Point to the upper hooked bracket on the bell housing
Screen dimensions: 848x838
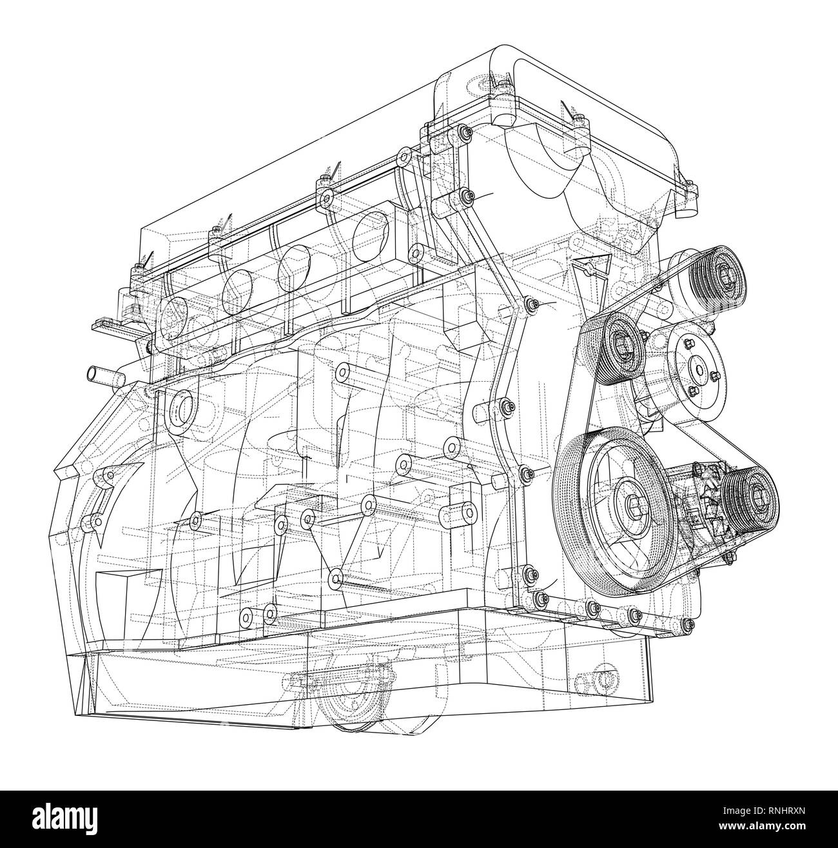[103, 477]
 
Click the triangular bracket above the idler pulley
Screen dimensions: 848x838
[588, 266]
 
